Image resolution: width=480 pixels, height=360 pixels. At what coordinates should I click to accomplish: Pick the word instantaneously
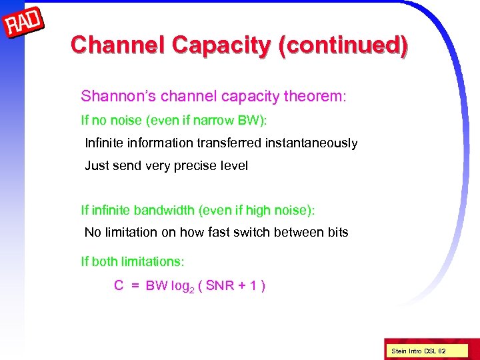[x=313, y=143]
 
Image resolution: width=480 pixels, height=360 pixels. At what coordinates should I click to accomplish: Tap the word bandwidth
[x=164, y=210]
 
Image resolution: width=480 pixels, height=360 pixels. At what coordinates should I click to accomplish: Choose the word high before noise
[x=260, y=210]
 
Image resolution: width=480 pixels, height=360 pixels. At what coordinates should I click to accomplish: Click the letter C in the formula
[x=119, y=286]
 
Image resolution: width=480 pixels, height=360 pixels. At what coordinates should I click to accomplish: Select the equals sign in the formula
[x=135, y=287]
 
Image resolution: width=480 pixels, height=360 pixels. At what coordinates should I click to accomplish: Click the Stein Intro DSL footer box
[x=418, y=350]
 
